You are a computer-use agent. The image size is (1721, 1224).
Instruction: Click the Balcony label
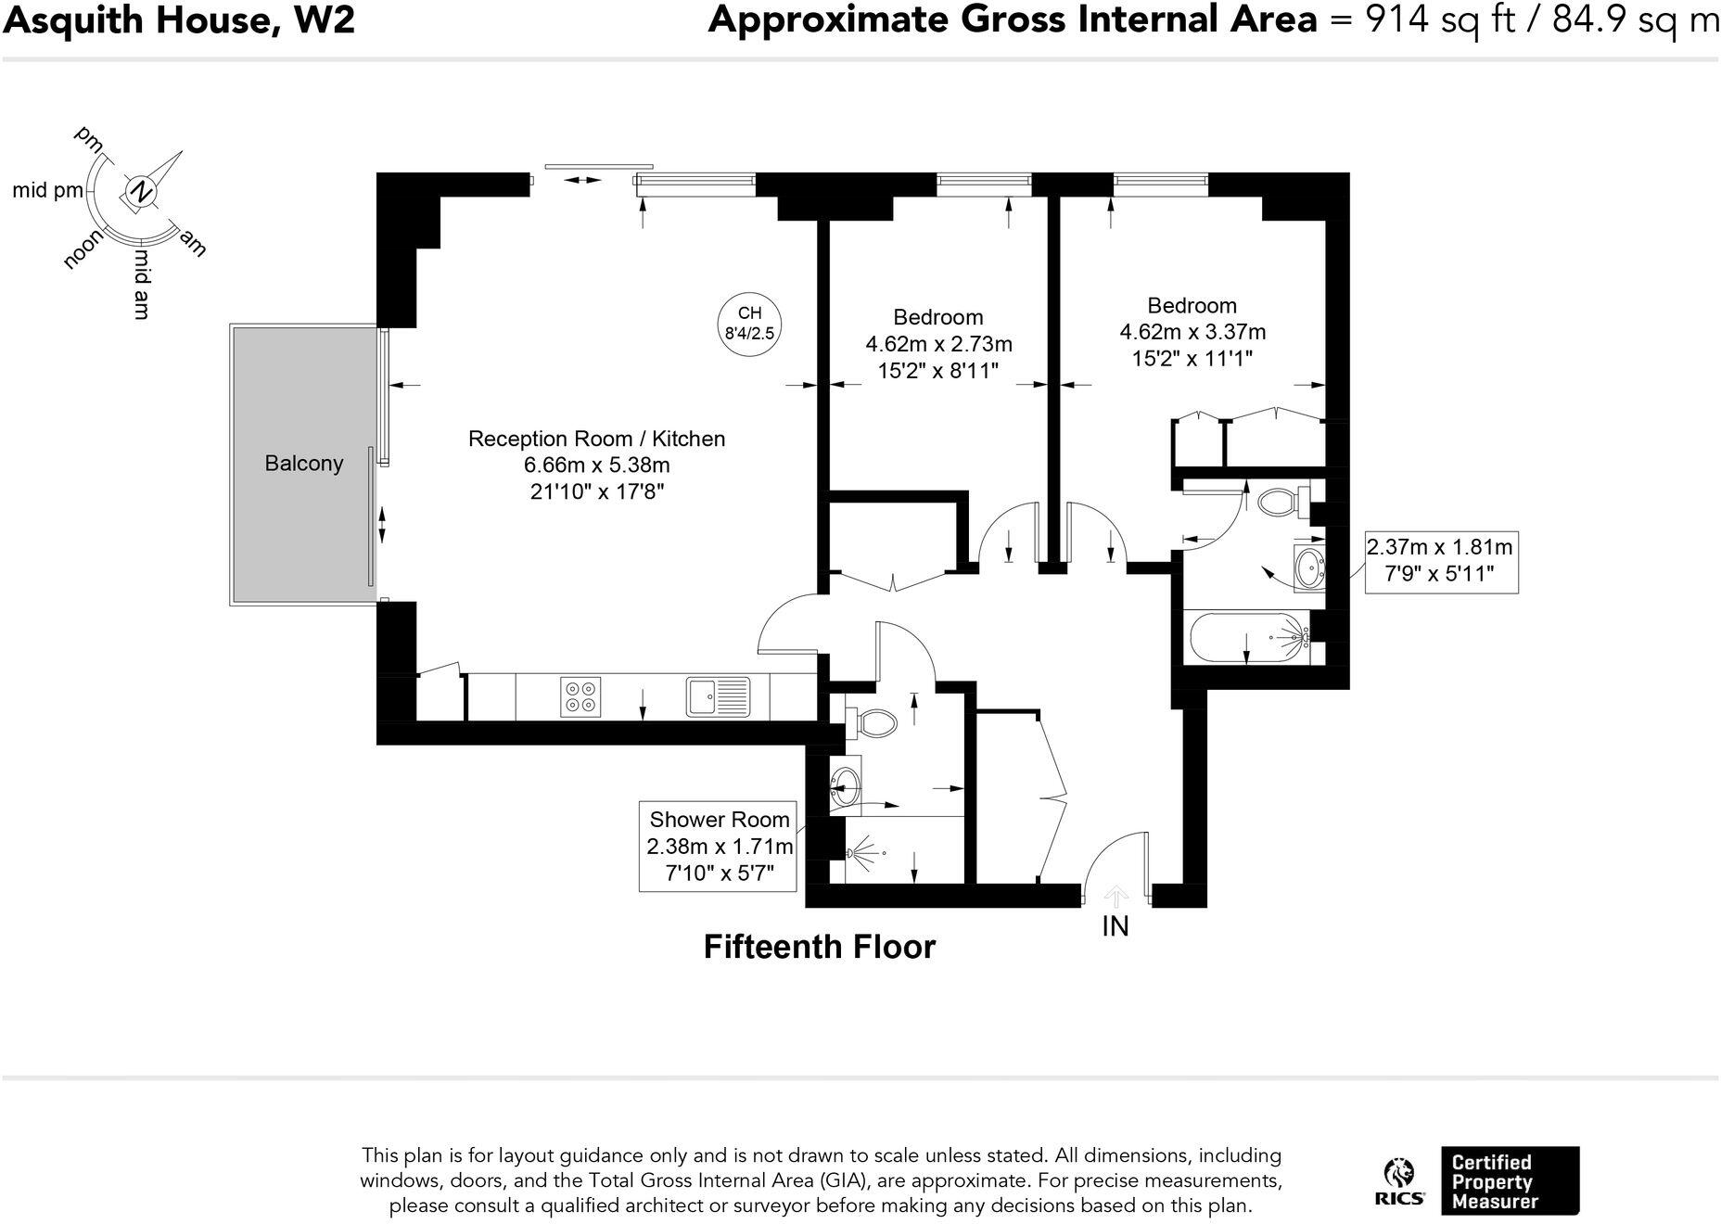[304, 464]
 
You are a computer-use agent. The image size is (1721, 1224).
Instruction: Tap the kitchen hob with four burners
[580, 697]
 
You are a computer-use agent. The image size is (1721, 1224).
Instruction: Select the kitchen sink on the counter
[718, 697]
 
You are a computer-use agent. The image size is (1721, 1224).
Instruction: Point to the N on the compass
[141, 192]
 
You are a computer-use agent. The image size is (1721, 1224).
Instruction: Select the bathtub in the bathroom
[1248, 637]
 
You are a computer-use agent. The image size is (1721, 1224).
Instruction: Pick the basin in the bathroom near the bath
[1309, 568]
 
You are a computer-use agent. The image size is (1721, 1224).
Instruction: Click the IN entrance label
[1115, 926]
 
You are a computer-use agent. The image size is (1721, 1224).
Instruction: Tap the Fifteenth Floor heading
[820, 947]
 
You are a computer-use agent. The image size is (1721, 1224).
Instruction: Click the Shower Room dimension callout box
[719, 846]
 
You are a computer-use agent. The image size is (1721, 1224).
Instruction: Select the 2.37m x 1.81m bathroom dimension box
[1439, 560]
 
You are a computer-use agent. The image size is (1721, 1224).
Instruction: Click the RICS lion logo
[1399, 1182]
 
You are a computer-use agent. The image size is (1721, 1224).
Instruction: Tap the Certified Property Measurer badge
[1511, 1180]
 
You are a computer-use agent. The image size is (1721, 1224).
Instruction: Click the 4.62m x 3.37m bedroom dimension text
[1192, 332]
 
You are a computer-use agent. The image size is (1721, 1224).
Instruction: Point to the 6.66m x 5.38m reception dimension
[596, 465]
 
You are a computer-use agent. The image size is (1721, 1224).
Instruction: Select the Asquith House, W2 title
[179, 19]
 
